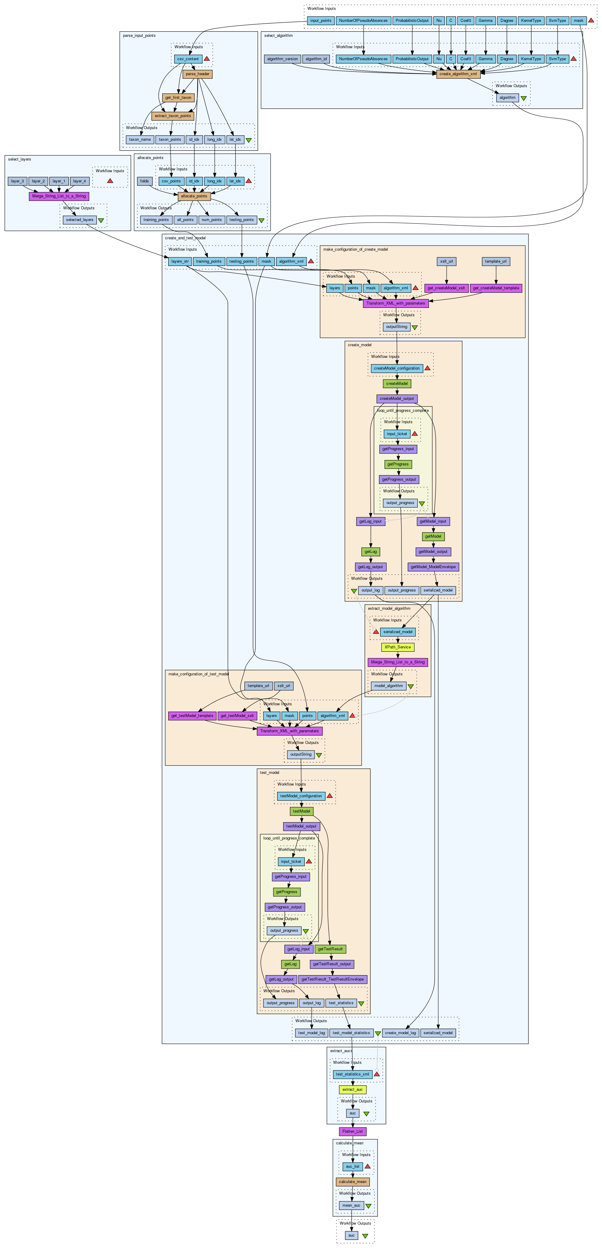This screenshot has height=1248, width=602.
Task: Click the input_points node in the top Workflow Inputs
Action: pos(321,20)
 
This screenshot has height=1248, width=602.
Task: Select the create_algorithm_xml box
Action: pos(458,74)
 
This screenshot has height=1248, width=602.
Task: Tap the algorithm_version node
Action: pos(282,59)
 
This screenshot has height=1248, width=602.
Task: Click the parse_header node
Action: pos(197,74)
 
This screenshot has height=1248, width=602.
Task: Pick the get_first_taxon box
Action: pos(178,97)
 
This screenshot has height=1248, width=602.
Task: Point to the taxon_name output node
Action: pos(139,140)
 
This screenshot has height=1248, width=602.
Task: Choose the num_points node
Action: pos(212,220)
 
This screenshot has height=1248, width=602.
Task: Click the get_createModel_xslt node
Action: pos(446,288)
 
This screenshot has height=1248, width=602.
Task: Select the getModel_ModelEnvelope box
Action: pos(433,567)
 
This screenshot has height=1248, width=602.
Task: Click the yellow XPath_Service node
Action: pos(398,647)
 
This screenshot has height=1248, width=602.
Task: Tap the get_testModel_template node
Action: pos(192,715)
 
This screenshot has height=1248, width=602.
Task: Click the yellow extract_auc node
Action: pos(352,1090)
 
